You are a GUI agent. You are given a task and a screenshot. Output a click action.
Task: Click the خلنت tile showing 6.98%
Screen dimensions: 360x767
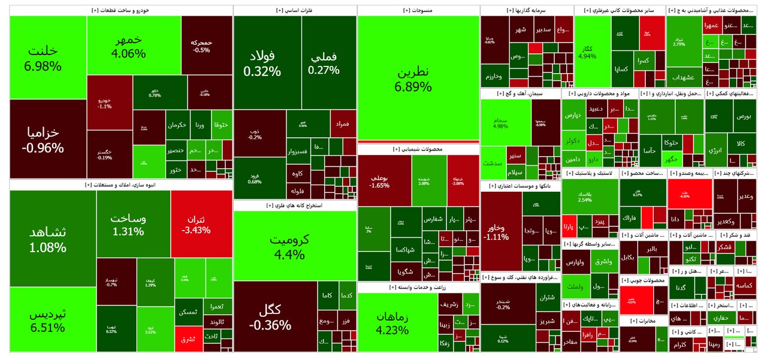[x=48, y=58]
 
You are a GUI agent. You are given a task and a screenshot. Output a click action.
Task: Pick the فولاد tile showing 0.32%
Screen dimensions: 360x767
[x=262, y=63]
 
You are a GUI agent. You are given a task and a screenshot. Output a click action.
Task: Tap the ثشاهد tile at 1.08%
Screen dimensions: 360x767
[x=52, y=238]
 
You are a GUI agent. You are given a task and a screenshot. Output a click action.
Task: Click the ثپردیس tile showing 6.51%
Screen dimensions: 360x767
[x=52, y=320]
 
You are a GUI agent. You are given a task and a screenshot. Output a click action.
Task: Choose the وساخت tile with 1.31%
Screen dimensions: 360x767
[x=133, y=223]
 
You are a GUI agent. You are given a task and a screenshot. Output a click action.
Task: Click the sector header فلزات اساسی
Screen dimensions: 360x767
[x=294, y=11]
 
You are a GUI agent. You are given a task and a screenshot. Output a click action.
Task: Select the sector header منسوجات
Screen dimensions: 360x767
[x=418, y=11]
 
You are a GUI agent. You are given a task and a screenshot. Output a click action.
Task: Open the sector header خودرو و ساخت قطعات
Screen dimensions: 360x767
[x=120, y=11]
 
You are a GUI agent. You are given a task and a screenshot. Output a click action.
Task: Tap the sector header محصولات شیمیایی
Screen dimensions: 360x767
[x=418, y=149]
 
